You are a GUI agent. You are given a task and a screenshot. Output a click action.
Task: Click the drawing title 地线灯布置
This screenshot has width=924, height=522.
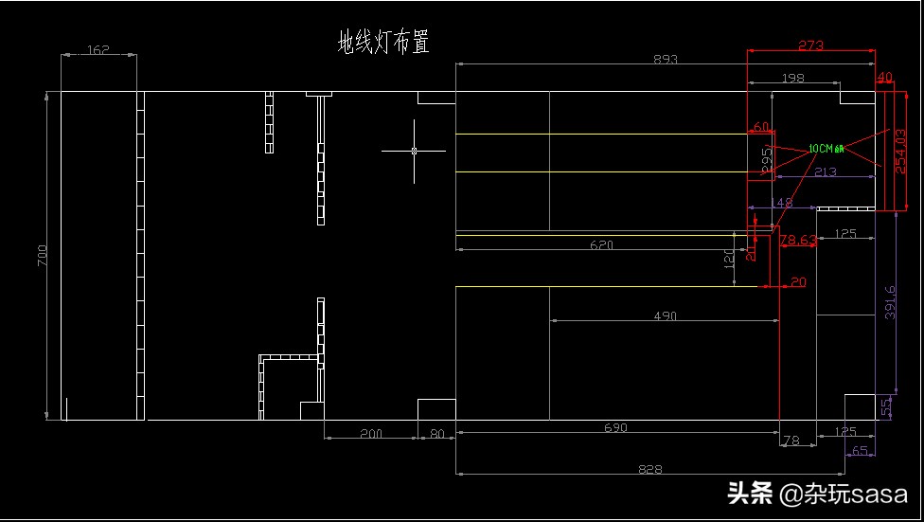coord(383,42)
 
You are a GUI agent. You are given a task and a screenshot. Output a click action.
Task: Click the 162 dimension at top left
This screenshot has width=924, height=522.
coord(98,49)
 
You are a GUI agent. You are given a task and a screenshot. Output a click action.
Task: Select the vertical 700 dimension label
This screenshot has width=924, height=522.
coord(42,256)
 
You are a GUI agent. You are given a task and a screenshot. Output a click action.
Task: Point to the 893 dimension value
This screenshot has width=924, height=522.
coord(666,59)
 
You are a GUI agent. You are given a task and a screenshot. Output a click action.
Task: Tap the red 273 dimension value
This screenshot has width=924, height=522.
coord(811,45)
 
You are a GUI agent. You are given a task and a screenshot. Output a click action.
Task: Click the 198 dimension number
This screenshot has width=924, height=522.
coord(793,77)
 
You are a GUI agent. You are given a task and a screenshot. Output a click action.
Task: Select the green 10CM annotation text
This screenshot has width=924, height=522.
coord(825,149)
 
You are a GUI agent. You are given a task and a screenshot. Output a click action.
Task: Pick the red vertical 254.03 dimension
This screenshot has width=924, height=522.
coord(900,150)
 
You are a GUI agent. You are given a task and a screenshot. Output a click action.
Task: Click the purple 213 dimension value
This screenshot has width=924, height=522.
coord(825,171)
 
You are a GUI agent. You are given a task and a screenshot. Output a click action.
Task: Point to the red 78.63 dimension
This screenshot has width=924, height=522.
coord(798,241)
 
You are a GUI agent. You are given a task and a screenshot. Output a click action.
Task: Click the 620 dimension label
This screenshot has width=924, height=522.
coord(601,244)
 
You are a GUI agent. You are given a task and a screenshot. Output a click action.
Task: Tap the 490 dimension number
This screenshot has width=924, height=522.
coord(665,315)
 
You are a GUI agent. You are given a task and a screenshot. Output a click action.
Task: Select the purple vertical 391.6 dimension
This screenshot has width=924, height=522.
coord(890,302)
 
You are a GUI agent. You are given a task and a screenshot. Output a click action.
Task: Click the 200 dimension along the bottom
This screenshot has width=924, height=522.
coord(371,433)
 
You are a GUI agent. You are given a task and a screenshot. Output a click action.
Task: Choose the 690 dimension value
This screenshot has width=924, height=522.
coord(615,427)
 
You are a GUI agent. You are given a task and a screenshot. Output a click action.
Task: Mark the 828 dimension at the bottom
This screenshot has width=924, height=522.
coord(650,468)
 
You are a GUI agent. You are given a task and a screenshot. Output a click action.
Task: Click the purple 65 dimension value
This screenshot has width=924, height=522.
coord(860,451)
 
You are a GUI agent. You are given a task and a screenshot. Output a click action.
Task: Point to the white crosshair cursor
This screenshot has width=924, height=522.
coord(415,150)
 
